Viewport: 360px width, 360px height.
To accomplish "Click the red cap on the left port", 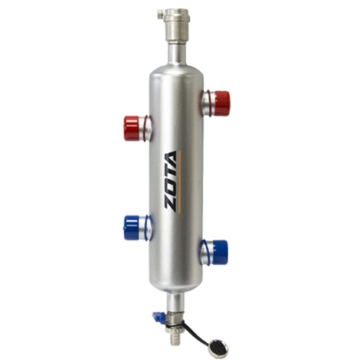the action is click(131, 128).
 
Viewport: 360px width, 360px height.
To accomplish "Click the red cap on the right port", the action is click(222, 103).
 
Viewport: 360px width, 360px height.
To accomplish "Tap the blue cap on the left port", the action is click(131, 228).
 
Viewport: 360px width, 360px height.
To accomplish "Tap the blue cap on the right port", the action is click(220, 252).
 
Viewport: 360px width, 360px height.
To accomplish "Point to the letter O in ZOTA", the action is click(170, 188).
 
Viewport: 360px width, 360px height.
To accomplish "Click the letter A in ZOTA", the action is click(171, 159).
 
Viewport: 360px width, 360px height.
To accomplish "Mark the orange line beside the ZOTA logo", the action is click(180, 182).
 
